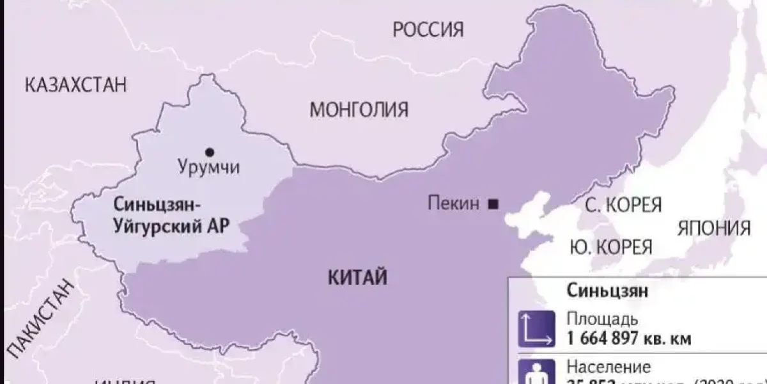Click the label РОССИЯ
point(428,29)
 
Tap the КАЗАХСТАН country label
point(76,85)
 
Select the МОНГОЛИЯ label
point(359,110)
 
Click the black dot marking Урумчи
point(209,152)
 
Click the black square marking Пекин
point(493,204)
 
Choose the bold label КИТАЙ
point(358,278)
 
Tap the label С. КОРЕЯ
point(623,205)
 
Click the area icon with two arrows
point(536,328)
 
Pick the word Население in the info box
point(608,367)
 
